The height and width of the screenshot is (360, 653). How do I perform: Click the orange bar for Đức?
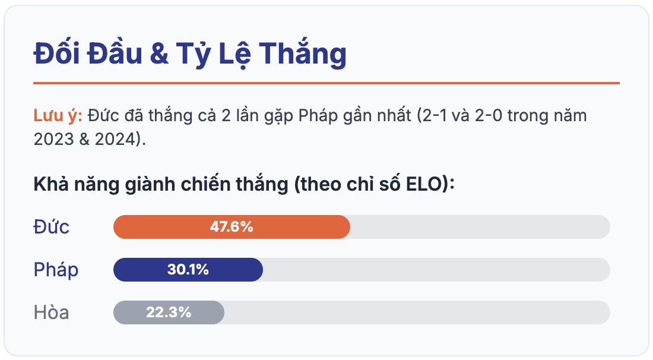click(232, 227)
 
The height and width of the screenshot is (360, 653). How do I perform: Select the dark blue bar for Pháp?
click(188, 270)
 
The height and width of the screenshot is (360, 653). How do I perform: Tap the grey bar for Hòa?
click(169, 312)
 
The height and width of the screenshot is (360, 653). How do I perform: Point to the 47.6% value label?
click(232, 227)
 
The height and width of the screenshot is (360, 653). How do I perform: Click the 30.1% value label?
click(188, 270)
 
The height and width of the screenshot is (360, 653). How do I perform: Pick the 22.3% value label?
click(169, 312)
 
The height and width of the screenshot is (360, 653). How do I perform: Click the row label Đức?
click(51, 227)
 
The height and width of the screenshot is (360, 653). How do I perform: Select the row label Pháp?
click(56, 270)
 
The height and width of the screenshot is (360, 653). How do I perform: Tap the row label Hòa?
click(51, 312)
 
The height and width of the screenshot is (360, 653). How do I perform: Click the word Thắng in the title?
click(302, 53)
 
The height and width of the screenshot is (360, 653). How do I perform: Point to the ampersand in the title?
click(159, 53)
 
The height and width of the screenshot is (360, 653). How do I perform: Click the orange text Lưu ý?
click(58, 115)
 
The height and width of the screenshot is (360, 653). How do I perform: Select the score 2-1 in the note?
click(435, 115)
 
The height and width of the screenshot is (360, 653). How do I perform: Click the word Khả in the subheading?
click(51, 184)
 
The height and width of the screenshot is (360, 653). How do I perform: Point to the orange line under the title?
click(326, 83)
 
